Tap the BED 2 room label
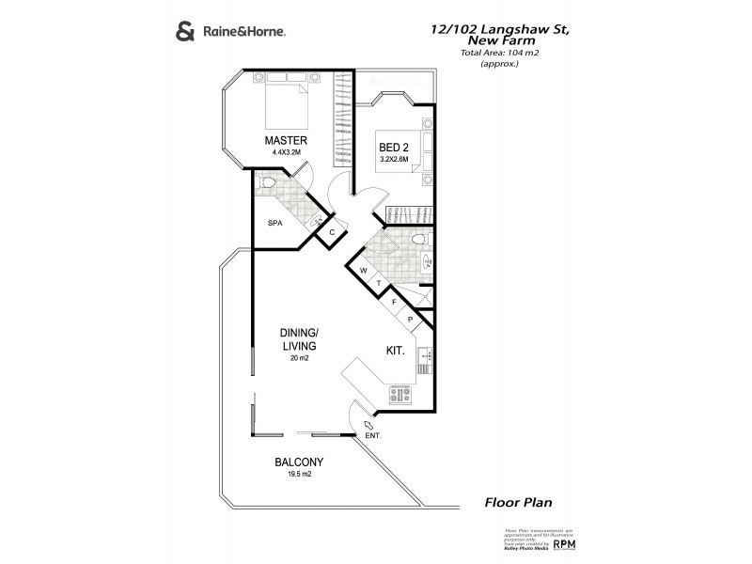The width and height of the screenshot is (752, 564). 392,148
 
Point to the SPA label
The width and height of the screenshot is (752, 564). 275,223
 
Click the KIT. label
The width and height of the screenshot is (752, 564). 396,350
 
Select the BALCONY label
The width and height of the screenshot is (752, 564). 299,462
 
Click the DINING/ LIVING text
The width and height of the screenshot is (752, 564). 300,339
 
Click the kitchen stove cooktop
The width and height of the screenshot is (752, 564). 399,395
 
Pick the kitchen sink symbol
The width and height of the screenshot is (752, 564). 424,355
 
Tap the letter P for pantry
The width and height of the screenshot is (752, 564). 411,320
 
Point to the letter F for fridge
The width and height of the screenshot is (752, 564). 394,303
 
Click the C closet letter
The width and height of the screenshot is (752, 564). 332,232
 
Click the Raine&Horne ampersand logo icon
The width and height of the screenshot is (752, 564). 185,31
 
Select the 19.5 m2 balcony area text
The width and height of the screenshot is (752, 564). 299,474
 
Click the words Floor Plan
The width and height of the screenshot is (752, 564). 517,503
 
